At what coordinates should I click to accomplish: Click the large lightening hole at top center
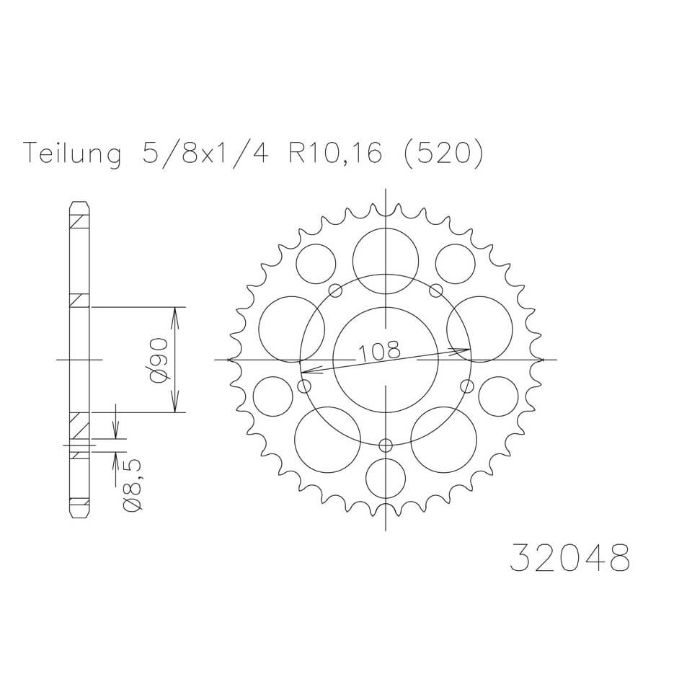[x=386, y=261]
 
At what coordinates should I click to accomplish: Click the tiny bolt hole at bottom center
[x=386, y=444]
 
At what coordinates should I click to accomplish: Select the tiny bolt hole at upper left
[x=335, y=290]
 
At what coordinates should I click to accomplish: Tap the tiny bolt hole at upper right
[x=435, y=290]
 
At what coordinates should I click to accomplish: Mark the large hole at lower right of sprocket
[x=443, y=438]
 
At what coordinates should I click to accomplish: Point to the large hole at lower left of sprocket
[x=327, y=438]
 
